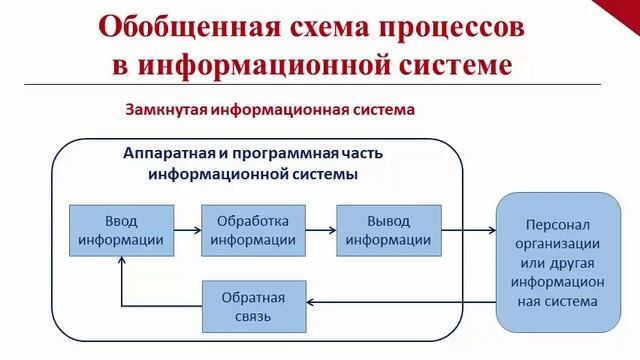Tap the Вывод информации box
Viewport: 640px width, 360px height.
(x=384, y=230)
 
